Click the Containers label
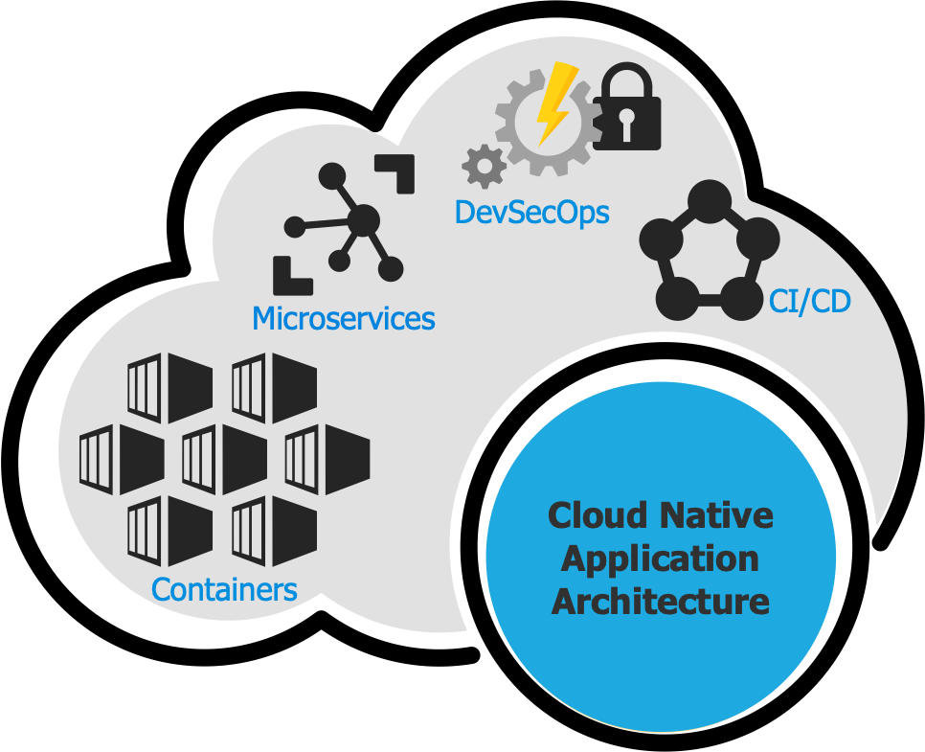(224, 589)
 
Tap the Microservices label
(343, 318)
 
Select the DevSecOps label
(531, 212)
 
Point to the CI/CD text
(809, 302)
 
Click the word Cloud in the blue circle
(596, 516)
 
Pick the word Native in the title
(717, 516)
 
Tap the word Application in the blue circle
(661, 558)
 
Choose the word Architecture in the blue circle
(661, 602)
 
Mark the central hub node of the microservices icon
(363, 223)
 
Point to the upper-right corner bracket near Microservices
(395, 173)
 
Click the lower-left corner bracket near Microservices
(291, 275)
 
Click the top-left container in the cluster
(170, 388)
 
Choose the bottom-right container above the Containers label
(275, 530)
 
